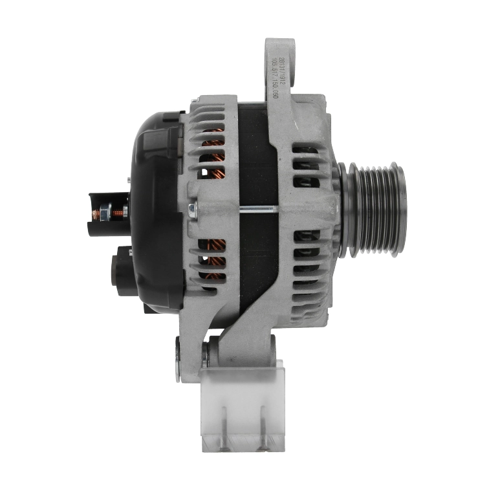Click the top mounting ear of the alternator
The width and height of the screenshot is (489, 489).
pos(279,61)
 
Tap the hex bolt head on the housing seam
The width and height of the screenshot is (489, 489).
pos(193,209)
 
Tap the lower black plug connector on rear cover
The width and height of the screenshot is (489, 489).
pos(123,272)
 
